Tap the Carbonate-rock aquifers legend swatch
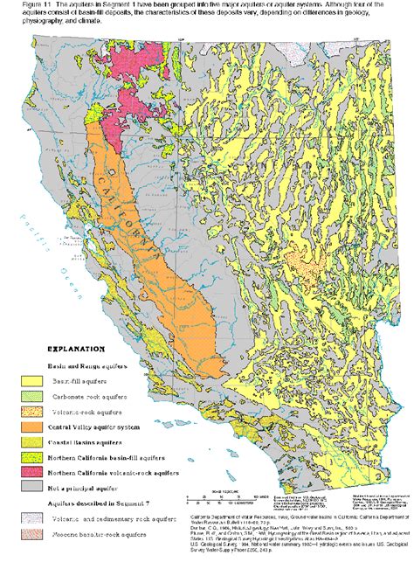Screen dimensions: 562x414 coord(33,397)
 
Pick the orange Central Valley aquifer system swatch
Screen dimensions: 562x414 coord(33,428)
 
